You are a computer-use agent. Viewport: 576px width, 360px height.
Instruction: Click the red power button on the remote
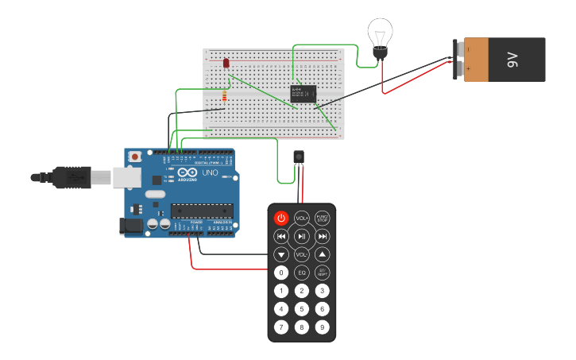click(281, 218)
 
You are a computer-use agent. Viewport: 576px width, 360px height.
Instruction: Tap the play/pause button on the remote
click(302, 236)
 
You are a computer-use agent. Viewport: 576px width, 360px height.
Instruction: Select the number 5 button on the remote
click(302, 309)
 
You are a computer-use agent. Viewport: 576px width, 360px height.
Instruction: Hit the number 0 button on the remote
click(281, 273)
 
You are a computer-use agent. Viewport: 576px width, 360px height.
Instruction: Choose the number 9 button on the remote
click(322, 327)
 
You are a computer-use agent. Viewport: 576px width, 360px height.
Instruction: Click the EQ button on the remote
click(302, 273)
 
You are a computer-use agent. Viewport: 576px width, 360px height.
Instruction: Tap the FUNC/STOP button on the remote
click(322, 218)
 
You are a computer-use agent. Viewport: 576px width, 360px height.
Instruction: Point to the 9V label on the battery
click(513, 59)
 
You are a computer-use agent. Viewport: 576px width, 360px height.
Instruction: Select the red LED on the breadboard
click(226, 63)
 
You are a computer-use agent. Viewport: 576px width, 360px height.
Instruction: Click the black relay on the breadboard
click(303, 94)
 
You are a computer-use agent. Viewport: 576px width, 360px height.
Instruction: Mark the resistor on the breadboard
click(225, 98)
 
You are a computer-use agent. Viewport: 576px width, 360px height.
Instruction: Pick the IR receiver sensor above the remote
click(299, 156)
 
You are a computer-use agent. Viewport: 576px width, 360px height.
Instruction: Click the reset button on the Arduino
click(135, 157)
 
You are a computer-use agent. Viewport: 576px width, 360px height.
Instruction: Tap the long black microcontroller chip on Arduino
click(202, 211)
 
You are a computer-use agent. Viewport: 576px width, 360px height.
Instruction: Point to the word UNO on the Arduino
click(210, 172)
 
